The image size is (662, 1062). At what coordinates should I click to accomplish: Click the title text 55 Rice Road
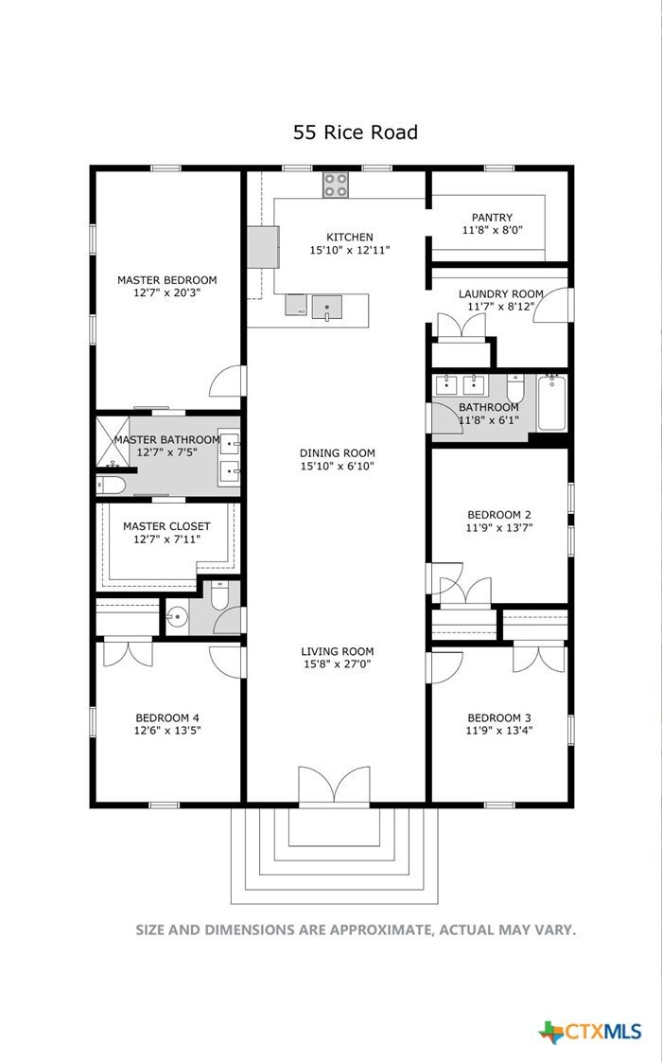click(356, 133)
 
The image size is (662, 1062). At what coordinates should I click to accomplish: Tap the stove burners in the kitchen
click(336, 185)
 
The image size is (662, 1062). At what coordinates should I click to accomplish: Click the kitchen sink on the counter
click(326, 307)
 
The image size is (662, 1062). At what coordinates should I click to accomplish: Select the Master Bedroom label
click(167, 280)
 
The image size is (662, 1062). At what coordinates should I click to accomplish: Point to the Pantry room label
click(492, 218)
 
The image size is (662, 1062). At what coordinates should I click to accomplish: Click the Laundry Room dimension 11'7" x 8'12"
click(501, 307)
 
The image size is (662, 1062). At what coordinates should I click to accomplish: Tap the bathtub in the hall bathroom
click(553, 403)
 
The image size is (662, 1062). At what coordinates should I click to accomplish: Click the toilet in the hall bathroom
click(515, 388)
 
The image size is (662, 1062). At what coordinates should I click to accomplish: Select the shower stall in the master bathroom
click(113, 442)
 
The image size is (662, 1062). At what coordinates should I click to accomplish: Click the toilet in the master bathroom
click(111, 485)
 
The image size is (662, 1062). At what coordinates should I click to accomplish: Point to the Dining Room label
click(337, 453)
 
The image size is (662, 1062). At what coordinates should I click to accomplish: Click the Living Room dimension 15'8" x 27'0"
click(338, 664)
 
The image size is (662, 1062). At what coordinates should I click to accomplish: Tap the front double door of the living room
click(335, 787)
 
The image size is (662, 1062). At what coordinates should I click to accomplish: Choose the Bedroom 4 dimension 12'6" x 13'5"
click(167, 731)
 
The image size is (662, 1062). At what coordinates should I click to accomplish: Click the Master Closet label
click(166, 526)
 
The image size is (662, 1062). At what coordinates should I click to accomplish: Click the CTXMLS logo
click(590, 1032)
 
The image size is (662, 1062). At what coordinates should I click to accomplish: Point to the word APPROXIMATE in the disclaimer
click(382, 929)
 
